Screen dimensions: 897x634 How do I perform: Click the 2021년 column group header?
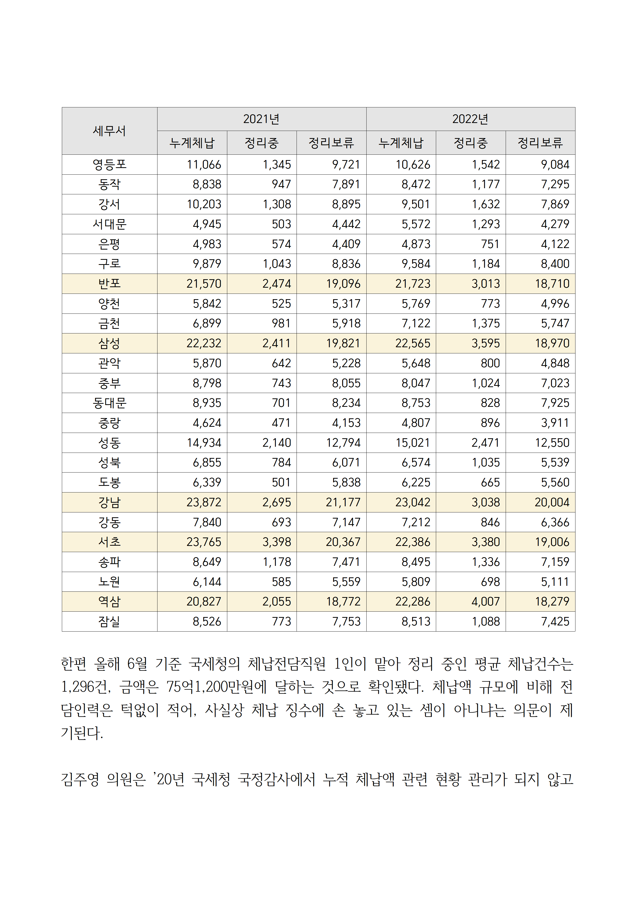click(261, 119)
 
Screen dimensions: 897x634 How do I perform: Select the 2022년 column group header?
click(470, 119)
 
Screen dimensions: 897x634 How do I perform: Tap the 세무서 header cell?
click(109, 131)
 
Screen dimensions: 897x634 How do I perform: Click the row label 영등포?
click(109, 164)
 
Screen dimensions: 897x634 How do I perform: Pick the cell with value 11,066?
click(204, 164)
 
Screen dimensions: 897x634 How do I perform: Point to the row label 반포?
click(109, 284)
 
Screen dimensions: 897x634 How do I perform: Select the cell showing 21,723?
click(413, 284)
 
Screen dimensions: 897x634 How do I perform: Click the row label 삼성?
click(109, 343)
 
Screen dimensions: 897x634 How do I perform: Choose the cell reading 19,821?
click(343, 343)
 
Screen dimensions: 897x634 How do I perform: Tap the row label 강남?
click(109, 502)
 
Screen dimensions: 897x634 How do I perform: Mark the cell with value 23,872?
click(204, 502)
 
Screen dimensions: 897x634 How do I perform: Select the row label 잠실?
click(109, 622)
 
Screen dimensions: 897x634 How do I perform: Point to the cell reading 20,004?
click(552, 502)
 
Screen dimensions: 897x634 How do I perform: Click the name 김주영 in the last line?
click(80, 779)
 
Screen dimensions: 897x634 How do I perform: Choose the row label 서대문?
click(109, 224)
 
